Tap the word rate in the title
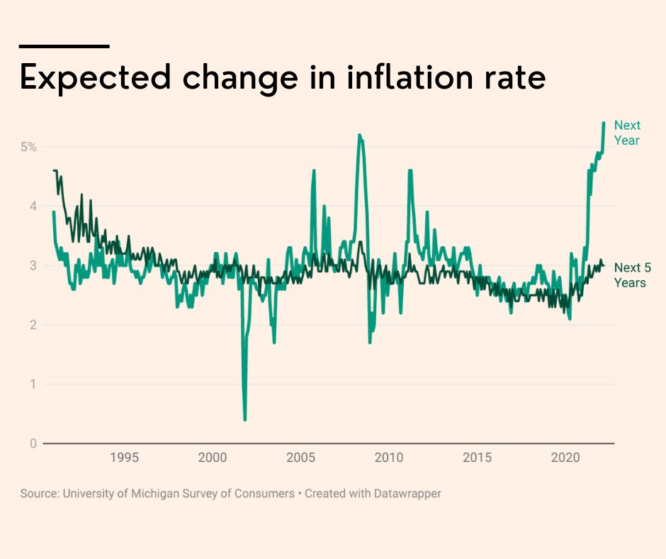pos(514,77)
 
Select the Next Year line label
pos(627,133)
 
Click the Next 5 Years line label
pos(630,275)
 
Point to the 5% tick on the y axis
pos(28,147)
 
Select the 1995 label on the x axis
pos(124,458)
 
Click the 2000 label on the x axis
pos(213,458)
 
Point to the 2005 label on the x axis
pos(300,458)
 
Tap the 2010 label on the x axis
pos(389,458)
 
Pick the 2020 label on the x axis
pos(565,458)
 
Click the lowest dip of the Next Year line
pos(245,419)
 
